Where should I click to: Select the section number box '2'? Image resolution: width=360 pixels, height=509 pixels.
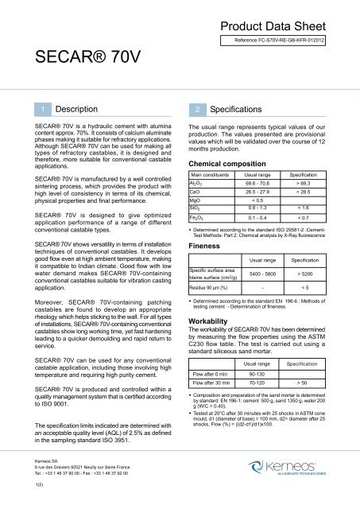(195, 107)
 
